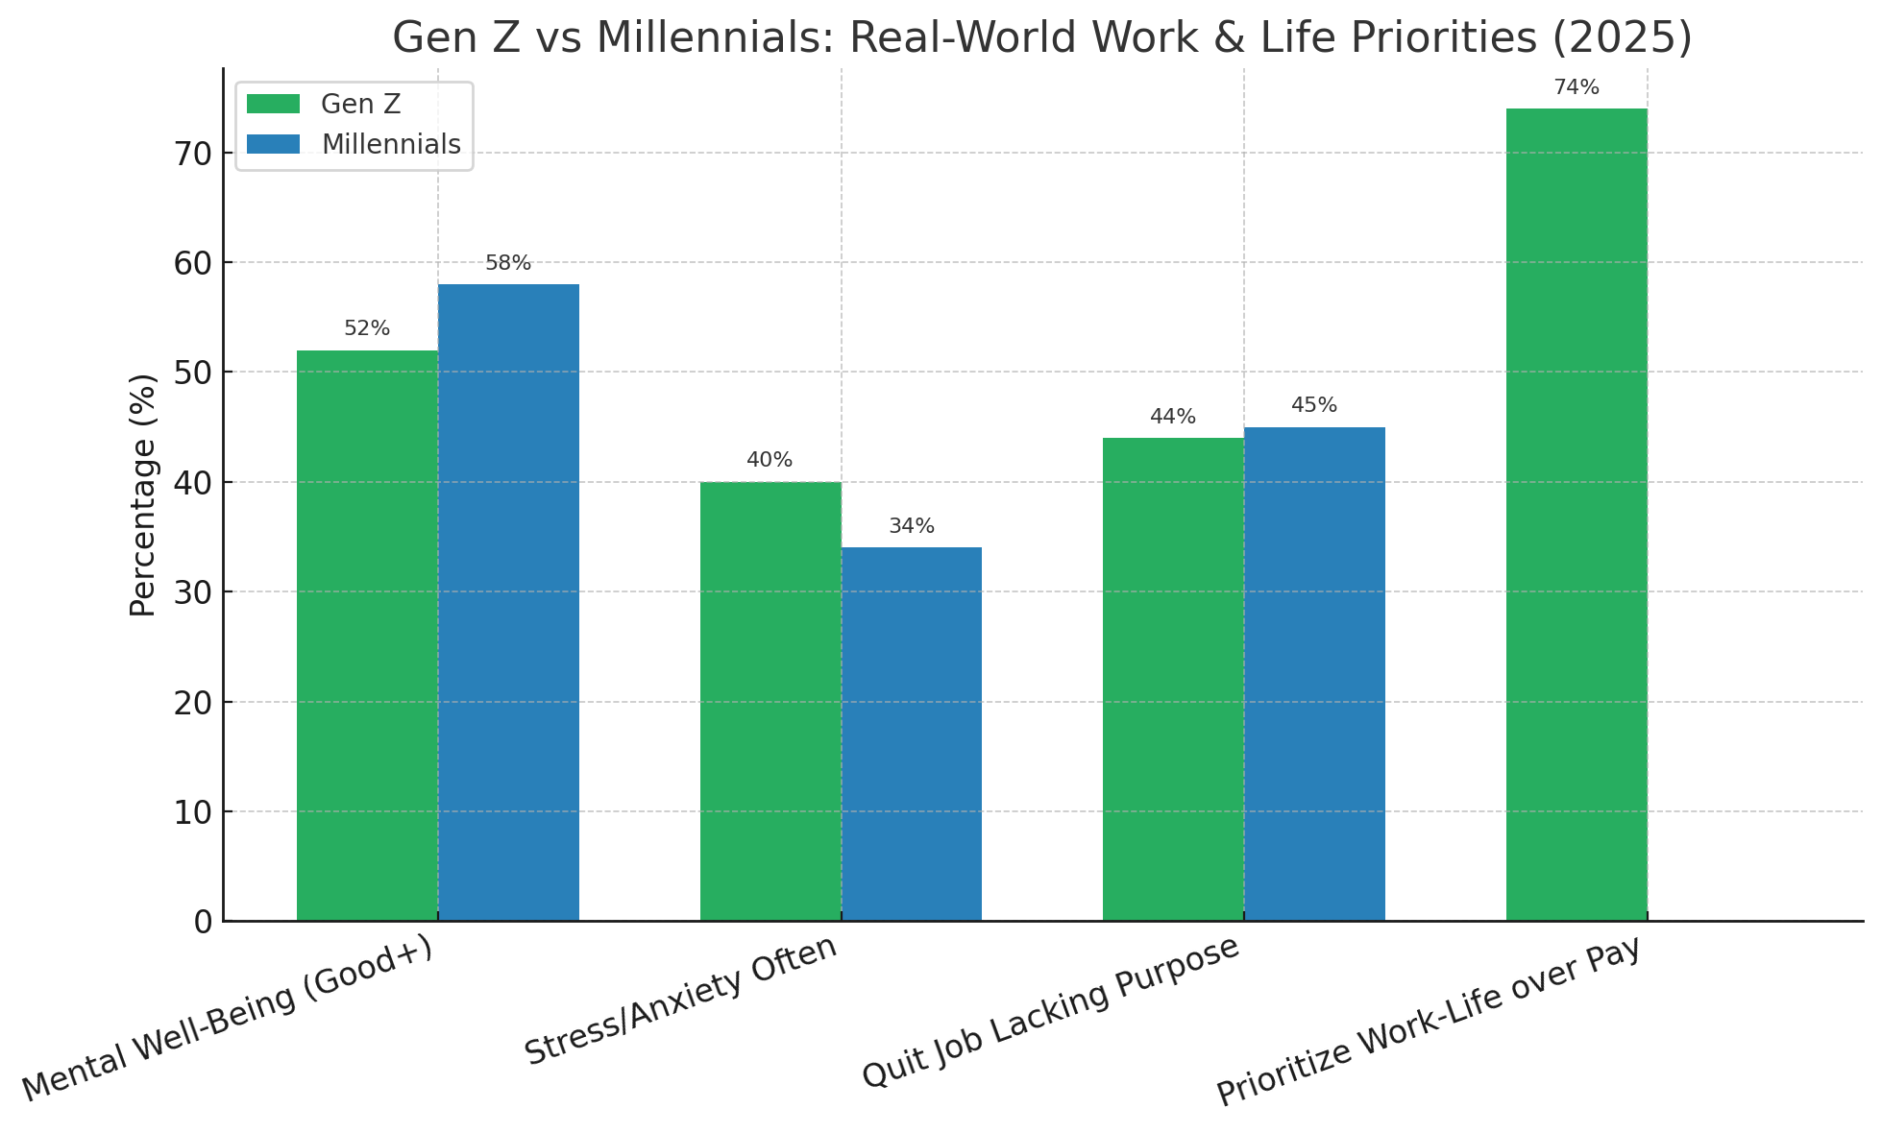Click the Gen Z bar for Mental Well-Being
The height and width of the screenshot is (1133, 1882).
pos(367,635)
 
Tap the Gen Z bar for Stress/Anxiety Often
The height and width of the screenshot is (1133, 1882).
pos(770,701)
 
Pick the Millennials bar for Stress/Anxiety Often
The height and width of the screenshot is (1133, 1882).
pos(911,734)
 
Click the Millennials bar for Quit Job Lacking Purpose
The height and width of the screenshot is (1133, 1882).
pos(1314,673)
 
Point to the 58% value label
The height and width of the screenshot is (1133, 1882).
pos(508,263)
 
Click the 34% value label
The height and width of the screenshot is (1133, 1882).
pos(911,526)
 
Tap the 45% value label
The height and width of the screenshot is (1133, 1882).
pos(1314,405)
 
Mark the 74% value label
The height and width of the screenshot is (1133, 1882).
pos(1576,87)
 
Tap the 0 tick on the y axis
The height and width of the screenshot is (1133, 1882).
pos(203,922)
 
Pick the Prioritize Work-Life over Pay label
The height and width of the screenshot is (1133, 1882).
pos(1429,1023)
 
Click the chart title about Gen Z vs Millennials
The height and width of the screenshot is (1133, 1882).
pos(1041,38)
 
